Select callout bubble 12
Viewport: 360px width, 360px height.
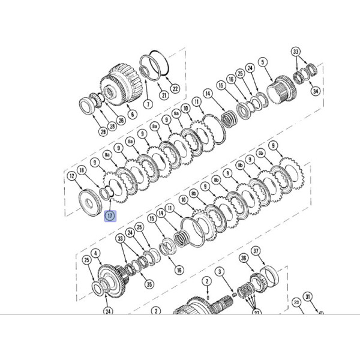[x=72, y=176]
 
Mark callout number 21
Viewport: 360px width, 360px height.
[x=163, y=95]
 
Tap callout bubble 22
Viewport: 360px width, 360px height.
[x=175, y=89]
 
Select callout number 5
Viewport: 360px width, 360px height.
[x=262, y=62]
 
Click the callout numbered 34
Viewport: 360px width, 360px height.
[x=315, y=91]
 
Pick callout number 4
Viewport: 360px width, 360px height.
[x=94, y=254]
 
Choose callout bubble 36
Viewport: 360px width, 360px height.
[x=243, y=258]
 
